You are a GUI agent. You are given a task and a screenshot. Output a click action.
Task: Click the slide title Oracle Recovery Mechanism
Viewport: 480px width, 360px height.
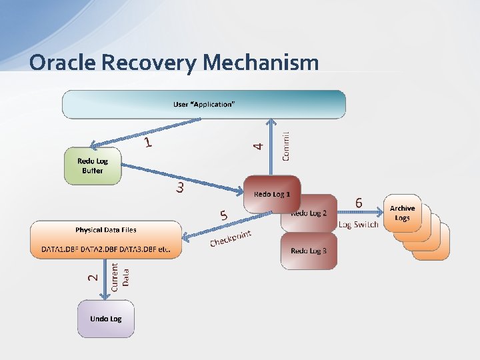[x=174, y=63]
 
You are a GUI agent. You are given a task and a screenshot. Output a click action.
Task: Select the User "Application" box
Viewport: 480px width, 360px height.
[x=203, y=105]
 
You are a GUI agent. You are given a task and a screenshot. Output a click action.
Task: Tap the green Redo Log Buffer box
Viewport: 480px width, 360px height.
[x=93, y=166]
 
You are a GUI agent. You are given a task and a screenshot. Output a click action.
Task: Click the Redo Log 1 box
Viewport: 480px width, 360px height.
[x=272, y=194]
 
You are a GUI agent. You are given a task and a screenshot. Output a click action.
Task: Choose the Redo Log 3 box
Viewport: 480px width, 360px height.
[x=309, y=251]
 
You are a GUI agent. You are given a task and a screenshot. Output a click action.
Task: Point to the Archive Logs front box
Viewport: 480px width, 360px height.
[x=402, y=213]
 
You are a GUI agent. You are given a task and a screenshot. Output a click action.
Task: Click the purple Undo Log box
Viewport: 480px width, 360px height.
[x=106, y=319]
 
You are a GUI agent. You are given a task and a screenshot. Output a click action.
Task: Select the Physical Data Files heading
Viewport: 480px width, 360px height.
[x=106, y=230]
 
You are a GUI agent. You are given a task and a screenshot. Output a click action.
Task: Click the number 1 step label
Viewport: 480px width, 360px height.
[x=149, y=142]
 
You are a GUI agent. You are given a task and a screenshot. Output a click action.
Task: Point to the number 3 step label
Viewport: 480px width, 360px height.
[x=180, y=188]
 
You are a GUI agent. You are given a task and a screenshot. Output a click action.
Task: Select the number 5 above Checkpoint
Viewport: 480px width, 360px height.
[x=224, y=215]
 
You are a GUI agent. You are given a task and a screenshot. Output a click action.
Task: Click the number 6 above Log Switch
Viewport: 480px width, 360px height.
[x=359, y=202]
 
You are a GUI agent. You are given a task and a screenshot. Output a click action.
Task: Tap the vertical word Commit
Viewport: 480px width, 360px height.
[x=285, y=145]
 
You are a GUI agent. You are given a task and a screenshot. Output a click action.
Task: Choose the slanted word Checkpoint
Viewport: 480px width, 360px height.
[x=231, y=237]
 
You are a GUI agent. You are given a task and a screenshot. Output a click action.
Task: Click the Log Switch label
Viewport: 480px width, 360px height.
[x=358, y=224]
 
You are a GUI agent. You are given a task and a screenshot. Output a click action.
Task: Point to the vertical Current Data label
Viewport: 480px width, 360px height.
[x=120, y=276]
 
